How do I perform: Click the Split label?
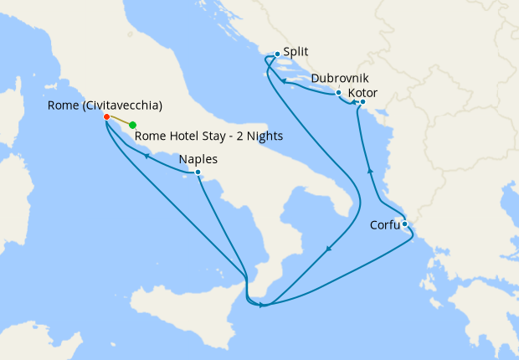click(296, 51)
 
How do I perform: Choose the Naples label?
click(198, 159)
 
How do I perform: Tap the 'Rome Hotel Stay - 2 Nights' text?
click(208, 136)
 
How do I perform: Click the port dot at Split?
click(277, 54)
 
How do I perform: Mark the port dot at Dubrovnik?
click(338, 92)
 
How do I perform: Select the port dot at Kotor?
click(362, 102)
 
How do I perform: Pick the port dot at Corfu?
click(404, 224)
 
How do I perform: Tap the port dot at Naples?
click(198, 172)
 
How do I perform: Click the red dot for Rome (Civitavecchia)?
click(106, 116)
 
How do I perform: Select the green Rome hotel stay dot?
click(133, 126)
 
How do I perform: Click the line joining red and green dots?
click(120, 121)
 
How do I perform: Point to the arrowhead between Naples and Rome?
click(146, 156)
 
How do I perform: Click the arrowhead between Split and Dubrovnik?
click(285, 81)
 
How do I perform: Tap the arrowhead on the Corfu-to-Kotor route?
click(369, 171)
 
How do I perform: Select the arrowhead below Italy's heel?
click(327, 249)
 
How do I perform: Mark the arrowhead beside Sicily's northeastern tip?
click(262, 305)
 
